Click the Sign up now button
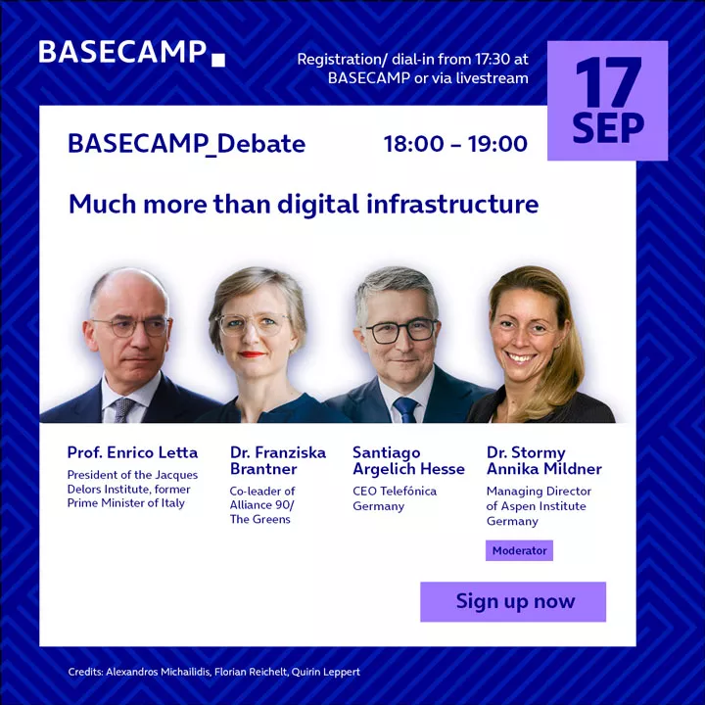[513, 601]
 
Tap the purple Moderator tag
[519, 550]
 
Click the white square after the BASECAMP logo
[218, 61]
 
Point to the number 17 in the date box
[608, 81]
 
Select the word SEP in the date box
[608, 127]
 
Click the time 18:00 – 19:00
[455, 144]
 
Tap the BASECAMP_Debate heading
[187, 144]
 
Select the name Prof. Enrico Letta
[132, 452]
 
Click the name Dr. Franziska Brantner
[278, 460]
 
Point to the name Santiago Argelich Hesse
[408, 460]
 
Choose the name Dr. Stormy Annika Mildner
[544, 460]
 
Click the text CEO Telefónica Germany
[395, 498]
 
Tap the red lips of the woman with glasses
[252, 354]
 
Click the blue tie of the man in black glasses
[405, 409]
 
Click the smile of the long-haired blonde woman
[521, 357]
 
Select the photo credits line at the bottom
[214, 672]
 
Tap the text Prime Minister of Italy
[126, 503]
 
